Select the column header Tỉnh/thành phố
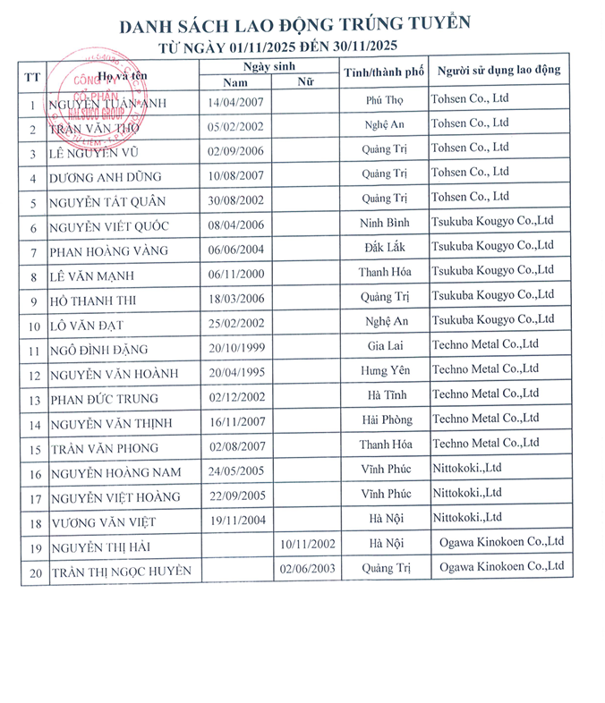coord(383,72)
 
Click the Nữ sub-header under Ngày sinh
coord(305,82)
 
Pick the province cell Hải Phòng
coord(386,419)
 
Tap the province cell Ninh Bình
coord(386,224)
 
